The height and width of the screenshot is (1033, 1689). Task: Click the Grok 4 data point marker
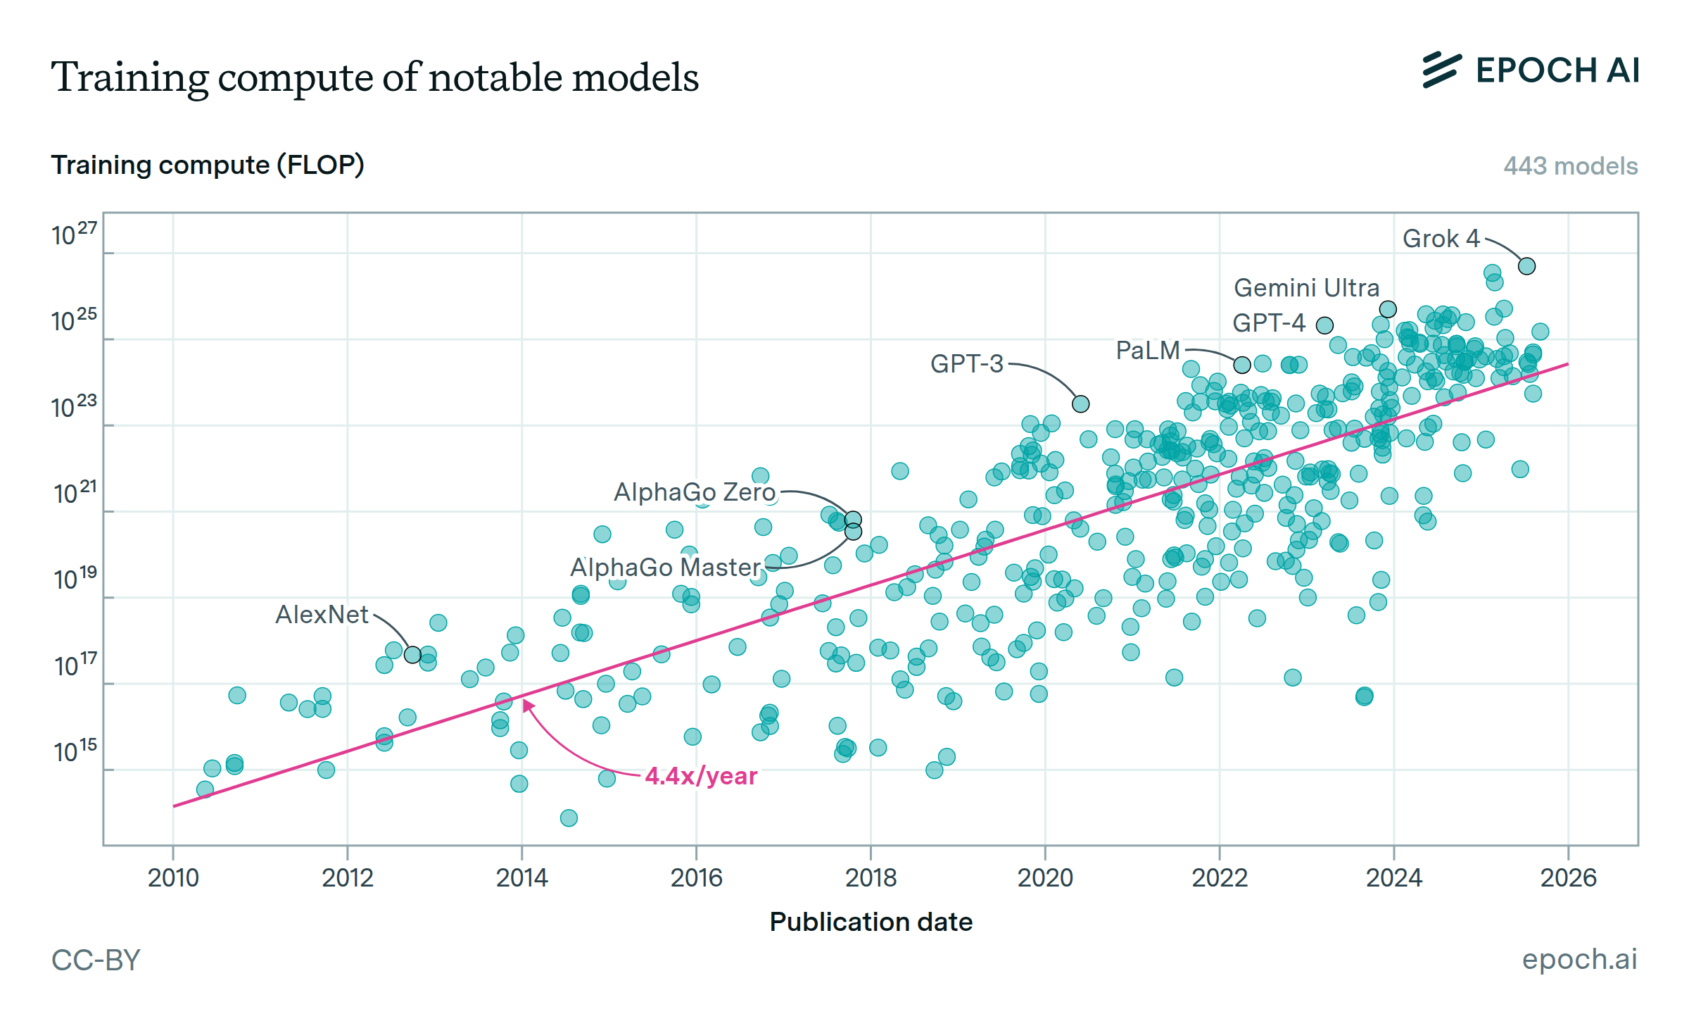pyautogui.click(x=1526, y=266)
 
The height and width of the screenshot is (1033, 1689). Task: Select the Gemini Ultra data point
pyautogui.click(x=1387, y=309)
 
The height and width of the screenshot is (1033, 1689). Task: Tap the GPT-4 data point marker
pyautogui.click(x=1324, y=325)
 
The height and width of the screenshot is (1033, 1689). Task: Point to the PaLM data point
pyautogui.click(x=1242, y=365)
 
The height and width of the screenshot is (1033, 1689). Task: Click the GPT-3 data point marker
pyautogui.click(x=1080, y=403)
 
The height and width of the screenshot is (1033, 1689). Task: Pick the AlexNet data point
pyautogui.click(x=412, y=655)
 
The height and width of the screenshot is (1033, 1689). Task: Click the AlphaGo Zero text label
pyautogui.click(x=695, y=492)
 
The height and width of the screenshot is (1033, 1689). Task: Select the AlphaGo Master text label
pyautogui.click(x=665, y=568)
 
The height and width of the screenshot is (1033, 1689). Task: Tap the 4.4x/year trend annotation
pyautogui.click(x=701, y=776)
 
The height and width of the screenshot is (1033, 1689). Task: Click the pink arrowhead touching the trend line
pyautogui.click(x=528, y=705)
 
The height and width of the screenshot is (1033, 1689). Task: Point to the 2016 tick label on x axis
pyautogui.click(x=696, y=878)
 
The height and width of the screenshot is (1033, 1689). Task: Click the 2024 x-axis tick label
pyautogui.click(x=1393, y=878)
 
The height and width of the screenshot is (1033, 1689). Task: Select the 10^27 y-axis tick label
pyautogui.click(x=74, y=234)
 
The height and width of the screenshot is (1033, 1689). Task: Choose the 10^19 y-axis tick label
pyautogui.click(x=75, y=579)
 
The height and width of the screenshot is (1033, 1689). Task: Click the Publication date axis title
pyautogui.click(x=871, y=922)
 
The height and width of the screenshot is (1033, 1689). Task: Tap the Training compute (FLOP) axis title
pyautogui.click(x=208, y=165)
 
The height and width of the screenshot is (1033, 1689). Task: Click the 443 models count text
pyautogui.click(x=1570, y=166)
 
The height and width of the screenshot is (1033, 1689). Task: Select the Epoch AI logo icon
pyautogui.click(x=1441, y=70)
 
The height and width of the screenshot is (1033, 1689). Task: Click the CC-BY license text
pyautogui.click(x=96, y=960)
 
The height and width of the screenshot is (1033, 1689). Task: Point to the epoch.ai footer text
pyautogui.click(x=1579, y=959)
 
